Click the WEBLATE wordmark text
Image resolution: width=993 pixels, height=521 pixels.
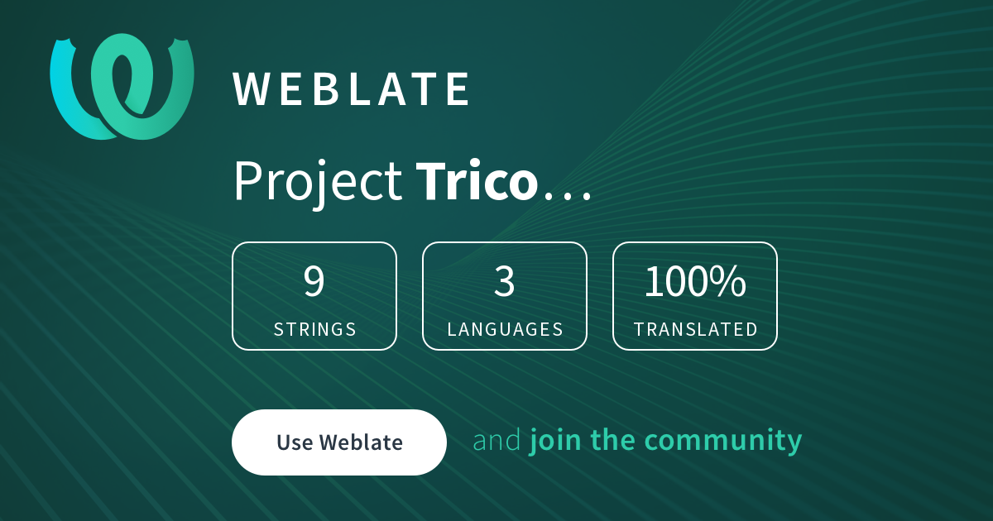[x=351, y=89]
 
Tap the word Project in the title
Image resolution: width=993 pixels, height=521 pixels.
[x=318, y=183]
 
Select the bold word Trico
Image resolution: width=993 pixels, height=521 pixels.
[x=477, y=180]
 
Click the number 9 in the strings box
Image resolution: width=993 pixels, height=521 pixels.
[x=314, y=281]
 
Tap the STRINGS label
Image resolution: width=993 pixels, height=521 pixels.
[x=314, y=330]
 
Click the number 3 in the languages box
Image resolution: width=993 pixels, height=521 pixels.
[x=505, y=281]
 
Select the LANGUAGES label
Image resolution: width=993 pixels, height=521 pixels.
[x=505, y=330]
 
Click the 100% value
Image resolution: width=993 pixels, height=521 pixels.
[x=695, y=281]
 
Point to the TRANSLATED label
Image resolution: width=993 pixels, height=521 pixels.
[x=695, y=330]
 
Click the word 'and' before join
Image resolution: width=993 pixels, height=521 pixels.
[x=497, y=440]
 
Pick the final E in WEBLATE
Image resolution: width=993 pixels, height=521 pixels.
[x=458, y=89]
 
